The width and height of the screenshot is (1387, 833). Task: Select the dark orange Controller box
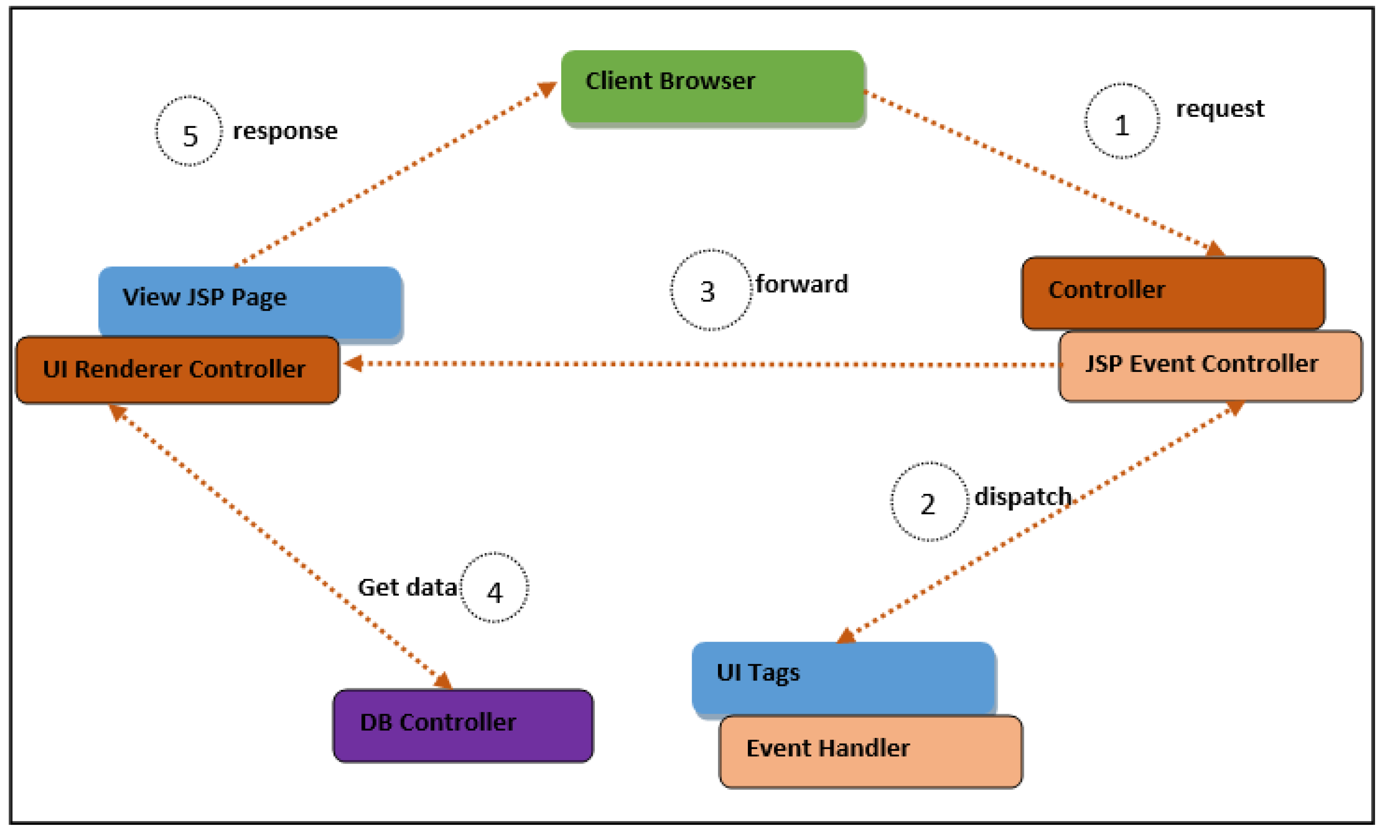pyautogui.click(x=1173, y=292)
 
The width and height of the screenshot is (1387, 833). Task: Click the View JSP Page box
pyautogui.click(x=250, y=301)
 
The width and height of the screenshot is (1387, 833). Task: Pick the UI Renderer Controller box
pyautogui.click(x=177, y=369)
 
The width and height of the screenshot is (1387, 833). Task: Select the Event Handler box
pyautogui.click(x=870, y=751)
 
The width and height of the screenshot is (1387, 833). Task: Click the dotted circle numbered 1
pyautogui.click(x=1122, y=121)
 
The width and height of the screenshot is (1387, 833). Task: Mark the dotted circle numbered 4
pyautogui.click(x=494, y=587)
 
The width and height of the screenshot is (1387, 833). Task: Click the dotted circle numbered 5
pyautogui.click(x=189, y=131)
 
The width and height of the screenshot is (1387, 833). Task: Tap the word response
pyautogui.click(x=285, y=131)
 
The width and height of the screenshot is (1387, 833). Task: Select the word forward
pyautogui.click(x=801, y=284)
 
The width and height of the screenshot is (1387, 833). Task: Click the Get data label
pyautogui.click(x=407, y=587)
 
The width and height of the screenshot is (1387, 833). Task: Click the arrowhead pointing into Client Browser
pyautogui.click(x=547, y=89)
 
